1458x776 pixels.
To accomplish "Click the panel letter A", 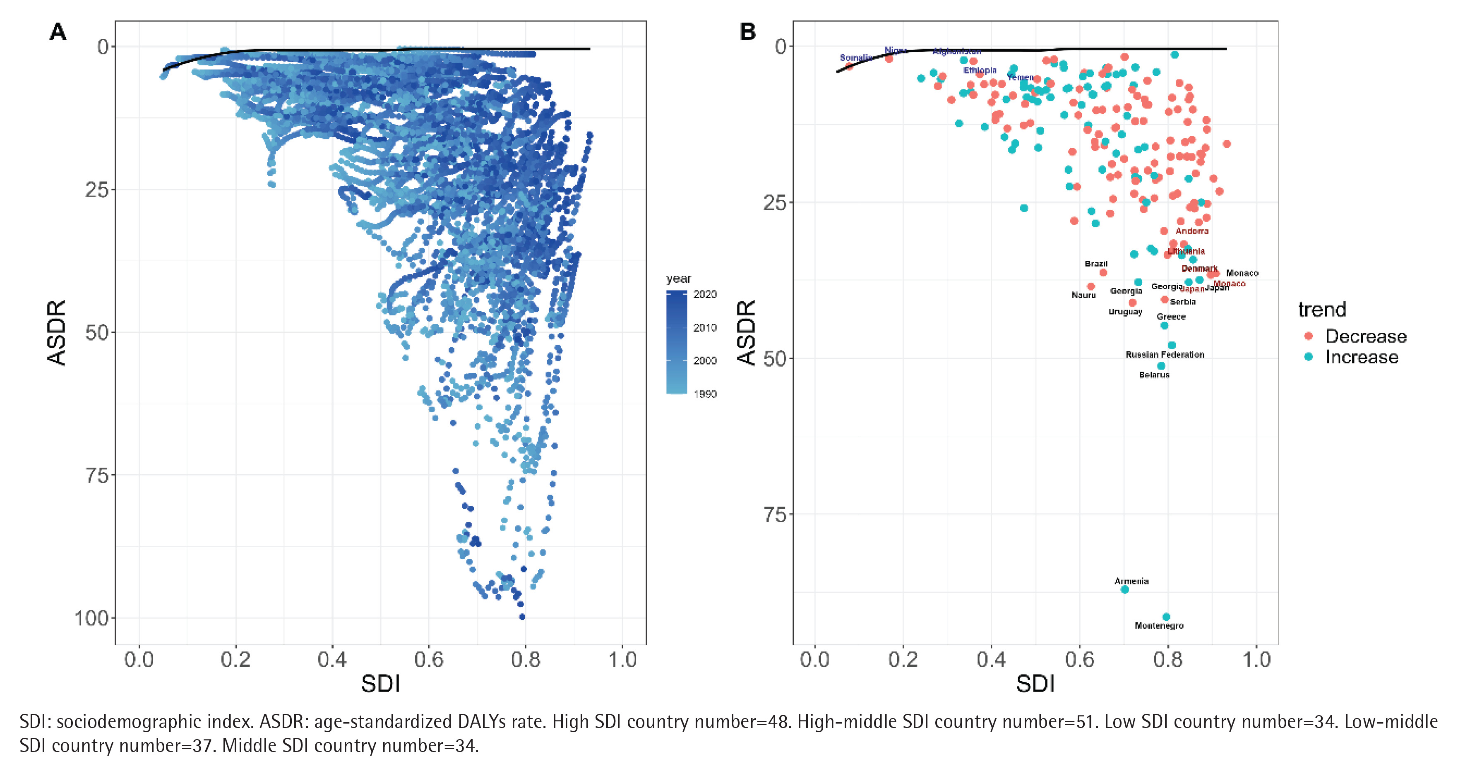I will tap(58, 32).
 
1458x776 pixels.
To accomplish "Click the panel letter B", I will tap(748, 32).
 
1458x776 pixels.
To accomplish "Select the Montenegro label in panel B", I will tap(1159, 625).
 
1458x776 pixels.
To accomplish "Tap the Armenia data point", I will tap(1124, 589).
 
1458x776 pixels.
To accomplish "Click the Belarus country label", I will tap(1154, 375).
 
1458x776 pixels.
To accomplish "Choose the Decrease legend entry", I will tap(1365, 336).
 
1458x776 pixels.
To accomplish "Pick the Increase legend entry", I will tap(1361, 357).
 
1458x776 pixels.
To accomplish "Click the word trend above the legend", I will tap(1321, 310).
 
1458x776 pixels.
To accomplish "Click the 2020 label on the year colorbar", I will tap(705, 294).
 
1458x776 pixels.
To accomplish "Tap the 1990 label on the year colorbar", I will tap(705, 394).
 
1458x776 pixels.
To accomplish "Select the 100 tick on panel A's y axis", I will tap(92, 618).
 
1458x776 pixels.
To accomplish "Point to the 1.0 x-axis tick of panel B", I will tap(1256, 659).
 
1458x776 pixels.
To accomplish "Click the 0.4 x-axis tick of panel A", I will tap(331, 659).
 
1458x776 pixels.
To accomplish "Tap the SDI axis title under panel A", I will tap(380, 684).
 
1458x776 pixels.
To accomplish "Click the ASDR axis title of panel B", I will tap(747, 332).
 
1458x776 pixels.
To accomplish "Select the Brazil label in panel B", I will tap(1096, 264).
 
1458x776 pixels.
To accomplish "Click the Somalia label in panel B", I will tap(855, 58).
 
